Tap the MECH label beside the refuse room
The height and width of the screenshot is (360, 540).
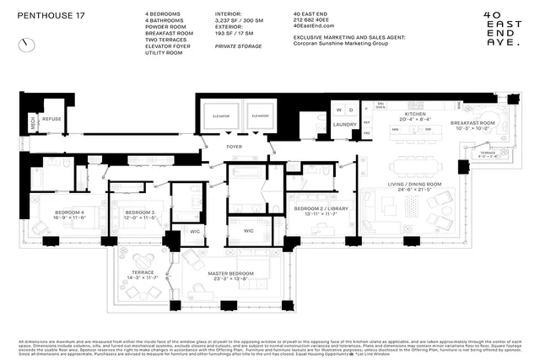[34, 121]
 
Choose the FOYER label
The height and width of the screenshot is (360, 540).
[235, 147]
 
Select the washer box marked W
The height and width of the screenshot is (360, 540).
[337, 110]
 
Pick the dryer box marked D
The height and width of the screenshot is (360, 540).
[351, 110]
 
